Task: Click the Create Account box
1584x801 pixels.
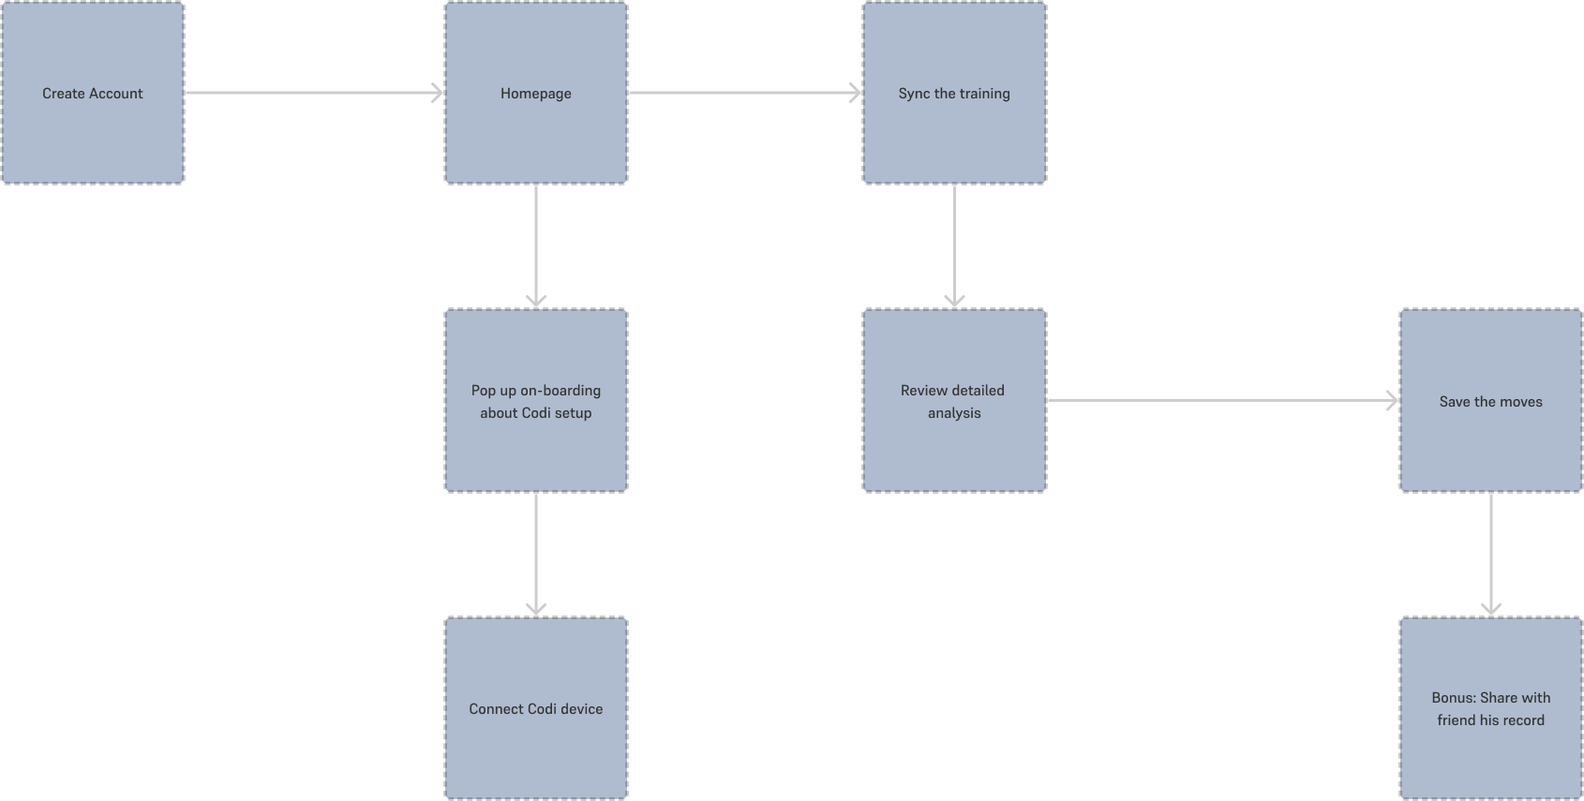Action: click(92, 93)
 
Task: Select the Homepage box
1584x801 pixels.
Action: click(535, 93)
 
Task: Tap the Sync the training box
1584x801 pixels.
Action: click(954, 93)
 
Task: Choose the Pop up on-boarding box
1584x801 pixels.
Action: click(535, 401)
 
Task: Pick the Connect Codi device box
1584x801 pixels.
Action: click(535, 708)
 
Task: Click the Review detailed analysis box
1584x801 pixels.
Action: click(954, 401)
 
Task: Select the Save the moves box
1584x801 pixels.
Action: click(1490, 401)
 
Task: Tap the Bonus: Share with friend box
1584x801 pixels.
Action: click(1490, 708)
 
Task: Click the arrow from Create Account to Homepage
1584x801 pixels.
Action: click(314, 93)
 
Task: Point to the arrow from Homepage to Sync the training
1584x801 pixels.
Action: click(745, 93)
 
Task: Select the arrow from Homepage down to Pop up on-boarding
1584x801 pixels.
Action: click(535, 245)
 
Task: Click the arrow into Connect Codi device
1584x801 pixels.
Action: click(535, 554)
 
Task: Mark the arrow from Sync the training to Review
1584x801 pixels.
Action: click(954, 245)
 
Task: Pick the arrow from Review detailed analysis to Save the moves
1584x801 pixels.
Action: click(1222, 401)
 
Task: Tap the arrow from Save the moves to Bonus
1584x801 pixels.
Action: click(1490, 554)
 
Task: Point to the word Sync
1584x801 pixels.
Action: click(914, 94)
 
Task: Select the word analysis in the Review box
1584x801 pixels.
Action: click(954, 413)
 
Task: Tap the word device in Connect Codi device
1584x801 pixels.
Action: click(582, 709)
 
